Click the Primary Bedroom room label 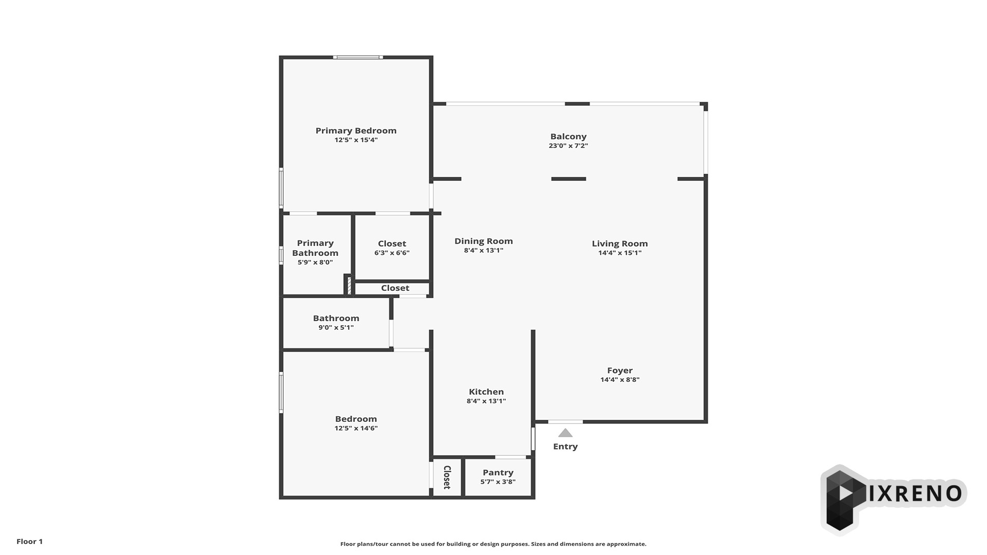click(x=356, y=131)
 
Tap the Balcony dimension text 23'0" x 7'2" click(x=568, y=145)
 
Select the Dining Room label click(x=483, y=241)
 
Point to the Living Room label click(x=619, y=244)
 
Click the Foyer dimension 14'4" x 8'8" click(x=619, y=380)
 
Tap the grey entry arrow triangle click(x=565, y=433)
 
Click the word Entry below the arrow click(x=565, y=447)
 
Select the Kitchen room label click(x=486, y=392)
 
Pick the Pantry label click(x=498, y=473)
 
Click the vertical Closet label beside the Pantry click(x=447, y=477)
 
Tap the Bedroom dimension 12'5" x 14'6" click(x=356, y=428)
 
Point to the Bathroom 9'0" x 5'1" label click(x=336, y=322)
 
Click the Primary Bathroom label click(x=315, y=248)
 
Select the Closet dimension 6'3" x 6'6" click(x=392, y=253)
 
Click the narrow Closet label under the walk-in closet click(x=395, y=288)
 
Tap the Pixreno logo click(x=893, y=498)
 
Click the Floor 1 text click(x=29, y=541)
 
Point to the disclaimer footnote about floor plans click(x=493, y=544)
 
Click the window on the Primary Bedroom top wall click(x=358, y=57)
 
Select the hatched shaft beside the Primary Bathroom click(x=348, y=285)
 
